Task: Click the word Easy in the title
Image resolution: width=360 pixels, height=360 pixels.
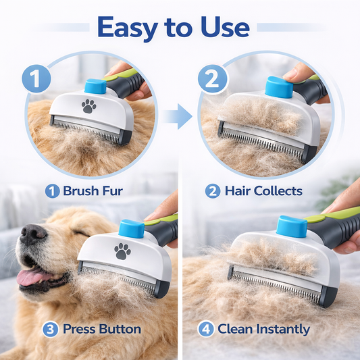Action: pyautogui.click(x=128, y=28)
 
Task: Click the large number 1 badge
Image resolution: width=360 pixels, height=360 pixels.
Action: pyautogui.click(x=36, y=79)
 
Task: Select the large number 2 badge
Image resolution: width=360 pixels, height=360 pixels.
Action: pyautogui.click(x=212, y=79)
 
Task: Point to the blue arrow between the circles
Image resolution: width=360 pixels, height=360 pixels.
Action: pyautogui.click(x=177, y=116)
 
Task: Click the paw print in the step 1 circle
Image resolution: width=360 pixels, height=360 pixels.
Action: pyautogui.click(x=89, y=106)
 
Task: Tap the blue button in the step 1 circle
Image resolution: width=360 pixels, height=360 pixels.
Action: pyautogui.click(x=95, y=86)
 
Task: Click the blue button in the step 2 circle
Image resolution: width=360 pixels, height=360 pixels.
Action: pyautogui.click(x=279, y=87)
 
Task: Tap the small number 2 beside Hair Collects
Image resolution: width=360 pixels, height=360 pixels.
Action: pyautogui.click(x=213, y=191)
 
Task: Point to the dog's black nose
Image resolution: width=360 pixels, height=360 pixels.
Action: pyautogui.click(x=32, y=234)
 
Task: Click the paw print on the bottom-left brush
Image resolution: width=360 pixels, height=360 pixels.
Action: pyautogui.click(x=122, y=251)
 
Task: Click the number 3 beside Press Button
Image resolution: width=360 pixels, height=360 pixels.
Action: pyautogui.click(x=50, y=330)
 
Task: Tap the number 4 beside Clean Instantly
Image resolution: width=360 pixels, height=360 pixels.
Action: pyautogui.click(x=206, y=330)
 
